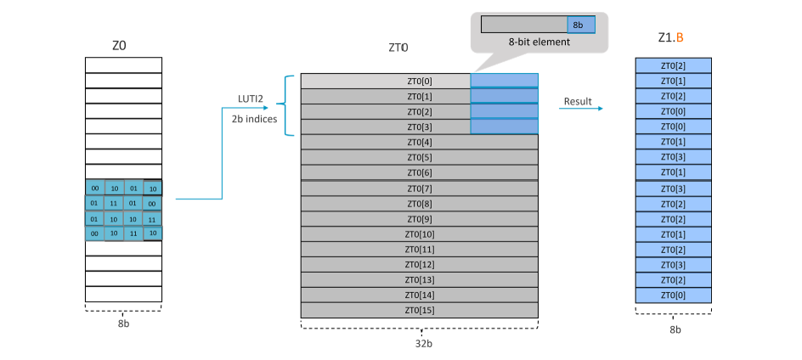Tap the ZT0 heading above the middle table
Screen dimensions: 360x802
point(398,48)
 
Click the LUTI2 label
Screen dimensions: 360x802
point(249,99)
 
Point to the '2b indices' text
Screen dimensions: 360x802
point(252,118)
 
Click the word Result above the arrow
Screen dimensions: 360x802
point(578,101)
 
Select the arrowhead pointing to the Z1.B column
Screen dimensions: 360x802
point(600,109)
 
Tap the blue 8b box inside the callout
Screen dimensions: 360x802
point(580,25)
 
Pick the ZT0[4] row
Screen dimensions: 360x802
point(420,143)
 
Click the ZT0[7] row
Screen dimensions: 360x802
point(420,188)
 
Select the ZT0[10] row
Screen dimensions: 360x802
point(420,234)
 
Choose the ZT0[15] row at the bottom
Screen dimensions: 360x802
point(420,311)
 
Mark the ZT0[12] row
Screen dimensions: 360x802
point(420,265)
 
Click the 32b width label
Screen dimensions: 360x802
point(420,345)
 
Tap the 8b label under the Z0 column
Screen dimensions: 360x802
point(123,323)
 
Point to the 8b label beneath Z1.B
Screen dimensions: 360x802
point(674,329)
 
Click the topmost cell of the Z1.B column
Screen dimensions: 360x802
point(674,65)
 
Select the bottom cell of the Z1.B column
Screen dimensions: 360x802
point(674,295)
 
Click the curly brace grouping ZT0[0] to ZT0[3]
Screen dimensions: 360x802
point(288,105)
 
